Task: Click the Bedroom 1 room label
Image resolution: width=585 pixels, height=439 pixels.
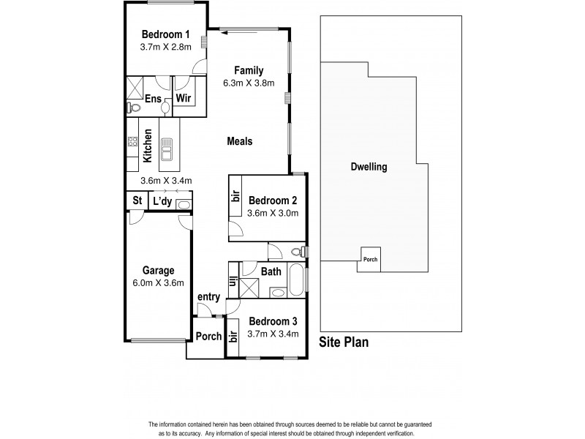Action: click(165, 34)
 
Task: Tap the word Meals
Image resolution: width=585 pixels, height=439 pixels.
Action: click(239, 141)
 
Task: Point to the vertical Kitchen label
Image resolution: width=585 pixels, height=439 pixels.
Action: click(148, 145)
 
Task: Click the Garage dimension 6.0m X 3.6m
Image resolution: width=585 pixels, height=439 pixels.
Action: click(158, 283)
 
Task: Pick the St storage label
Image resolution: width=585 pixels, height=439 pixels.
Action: click(137, 201)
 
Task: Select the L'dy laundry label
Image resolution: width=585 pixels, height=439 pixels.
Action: click(161, 201)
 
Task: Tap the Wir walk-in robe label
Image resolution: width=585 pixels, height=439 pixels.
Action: click(184, 98)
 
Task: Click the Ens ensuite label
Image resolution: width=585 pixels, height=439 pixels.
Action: click(153, 98)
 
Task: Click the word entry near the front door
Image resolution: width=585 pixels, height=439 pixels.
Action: click(208, 296)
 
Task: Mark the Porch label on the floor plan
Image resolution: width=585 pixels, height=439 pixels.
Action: click(209, 337)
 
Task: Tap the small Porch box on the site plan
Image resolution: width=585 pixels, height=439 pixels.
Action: click(369, 258)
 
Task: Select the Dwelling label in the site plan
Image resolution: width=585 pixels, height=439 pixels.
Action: click(369, 166)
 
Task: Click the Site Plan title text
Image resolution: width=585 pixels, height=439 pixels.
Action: click(344, 341)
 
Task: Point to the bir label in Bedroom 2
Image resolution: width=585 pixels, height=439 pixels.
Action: click(235, 196)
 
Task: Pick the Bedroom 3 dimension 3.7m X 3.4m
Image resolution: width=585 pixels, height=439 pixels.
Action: click(272, 334)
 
